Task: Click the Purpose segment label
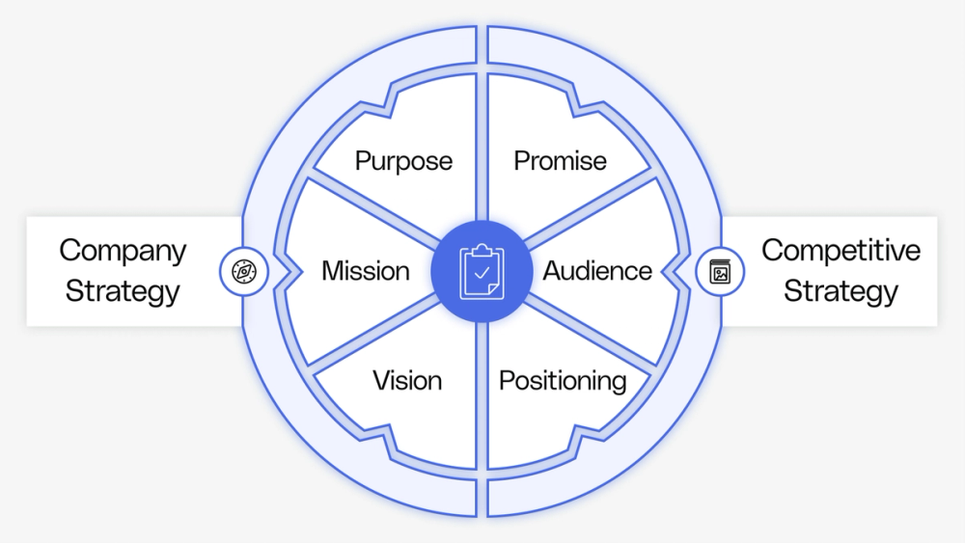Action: coord(403,160)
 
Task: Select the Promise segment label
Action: coord(560,160)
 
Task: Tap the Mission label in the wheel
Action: coord(365,271)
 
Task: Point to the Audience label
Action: coord(597,271)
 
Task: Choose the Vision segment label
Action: coord(407,380)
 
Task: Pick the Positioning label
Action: coord(563,380)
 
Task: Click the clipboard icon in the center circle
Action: coord(482,271)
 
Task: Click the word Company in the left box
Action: coord(123,251)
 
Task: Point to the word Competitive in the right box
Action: coord(841,251)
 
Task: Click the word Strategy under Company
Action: coord(123,291)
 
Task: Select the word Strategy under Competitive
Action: coord(841,291)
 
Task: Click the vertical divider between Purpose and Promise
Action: coord(482,145)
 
